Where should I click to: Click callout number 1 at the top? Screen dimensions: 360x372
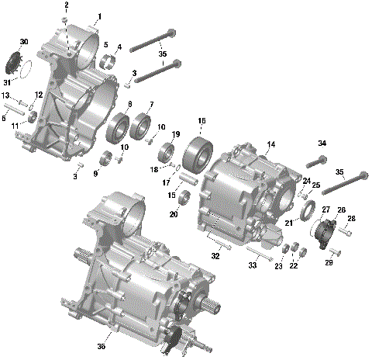(x=99, y=16)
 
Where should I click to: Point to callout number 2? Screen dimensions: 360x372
(x=67, y=5)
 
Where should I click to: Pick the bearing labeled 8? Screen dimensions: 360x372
(x=119, y=126)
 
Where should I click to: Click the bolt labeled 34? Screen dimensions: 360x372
(x=317, y=162)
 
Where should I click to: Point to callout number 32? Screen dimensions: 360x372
(x=216, y=254)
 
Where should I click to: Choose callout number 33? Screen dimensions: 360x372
(x=253, y=265)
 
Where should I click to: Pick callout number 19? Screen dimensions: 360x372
(x=175, y=134)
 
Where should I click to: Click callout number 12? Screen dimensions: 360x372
(x=38, y=95)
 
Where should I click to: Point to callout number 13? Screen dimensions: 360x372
(x=5, y=95)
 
